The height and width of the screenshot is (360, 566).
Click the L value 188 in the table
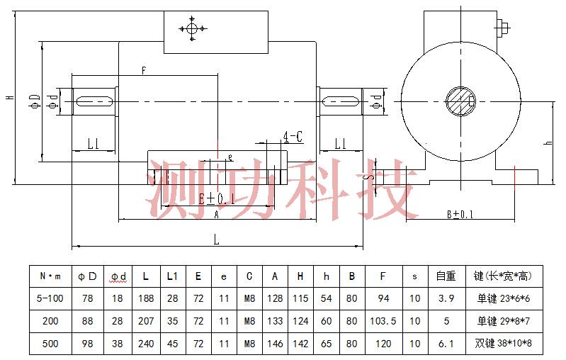145,298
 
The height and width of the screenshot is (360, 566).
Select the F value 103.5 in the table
383,321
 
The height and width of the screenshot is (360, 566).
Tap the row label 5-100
50,298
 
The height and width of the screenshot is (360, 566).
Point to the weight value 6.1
446,344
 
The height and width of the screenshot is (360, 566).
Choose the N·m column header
50,276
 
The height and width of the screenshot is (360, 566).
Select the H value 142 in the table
301,344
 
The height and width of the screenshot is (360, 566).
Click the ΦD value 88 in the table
88,321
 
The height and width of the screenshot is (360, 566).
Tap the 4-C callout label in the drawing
293,137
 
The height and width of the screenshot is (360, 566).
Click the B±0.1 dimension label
460,214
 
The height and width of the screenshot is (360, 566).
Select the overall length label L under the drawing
217,240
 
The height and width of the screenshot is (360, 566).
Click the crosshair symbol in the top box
191,29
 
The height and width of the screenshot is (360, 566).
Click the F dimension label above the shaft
144,71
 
